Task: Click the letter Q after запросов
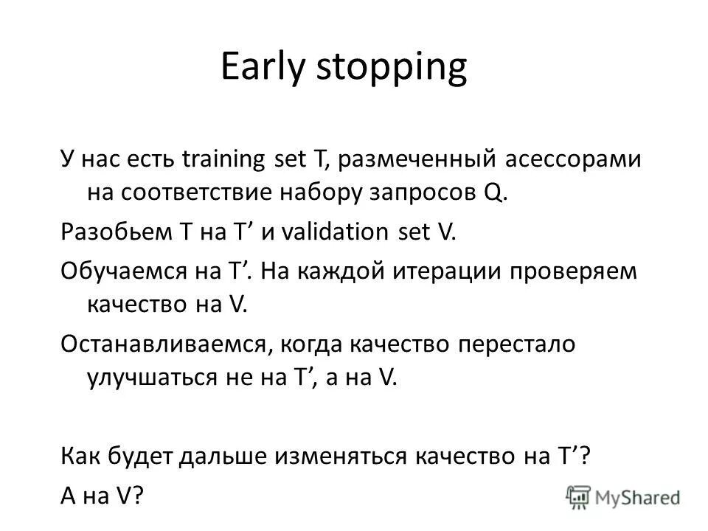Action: click(494, 194)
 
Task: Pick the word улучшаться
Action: click(148, 378)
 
